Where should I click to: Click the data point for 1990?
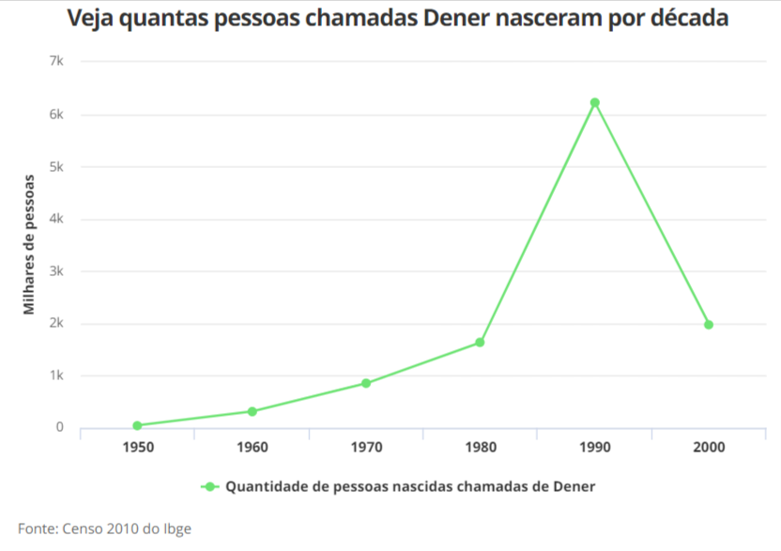(594, 102)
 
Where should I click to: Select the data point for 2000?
(709, 325)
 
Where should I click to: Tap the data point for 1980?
(480, 343)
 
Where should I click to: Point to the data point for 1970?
(366, 383)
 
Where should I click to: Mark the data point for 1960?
(252, 411)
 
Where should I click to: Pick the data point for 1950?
(137, 425)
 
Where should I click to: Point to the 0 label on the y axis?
(59, 428)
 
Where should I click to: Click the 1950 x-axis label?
(137, 447)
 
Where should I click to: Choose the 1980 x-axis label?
(480, 447)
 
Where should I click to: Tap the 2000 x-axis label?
(709, 447)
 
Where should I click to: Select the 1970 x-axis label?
(366, 447)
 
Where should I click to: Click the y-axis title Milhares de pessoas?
(29, 244)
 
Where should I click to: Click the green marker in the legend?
(210, 486)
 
